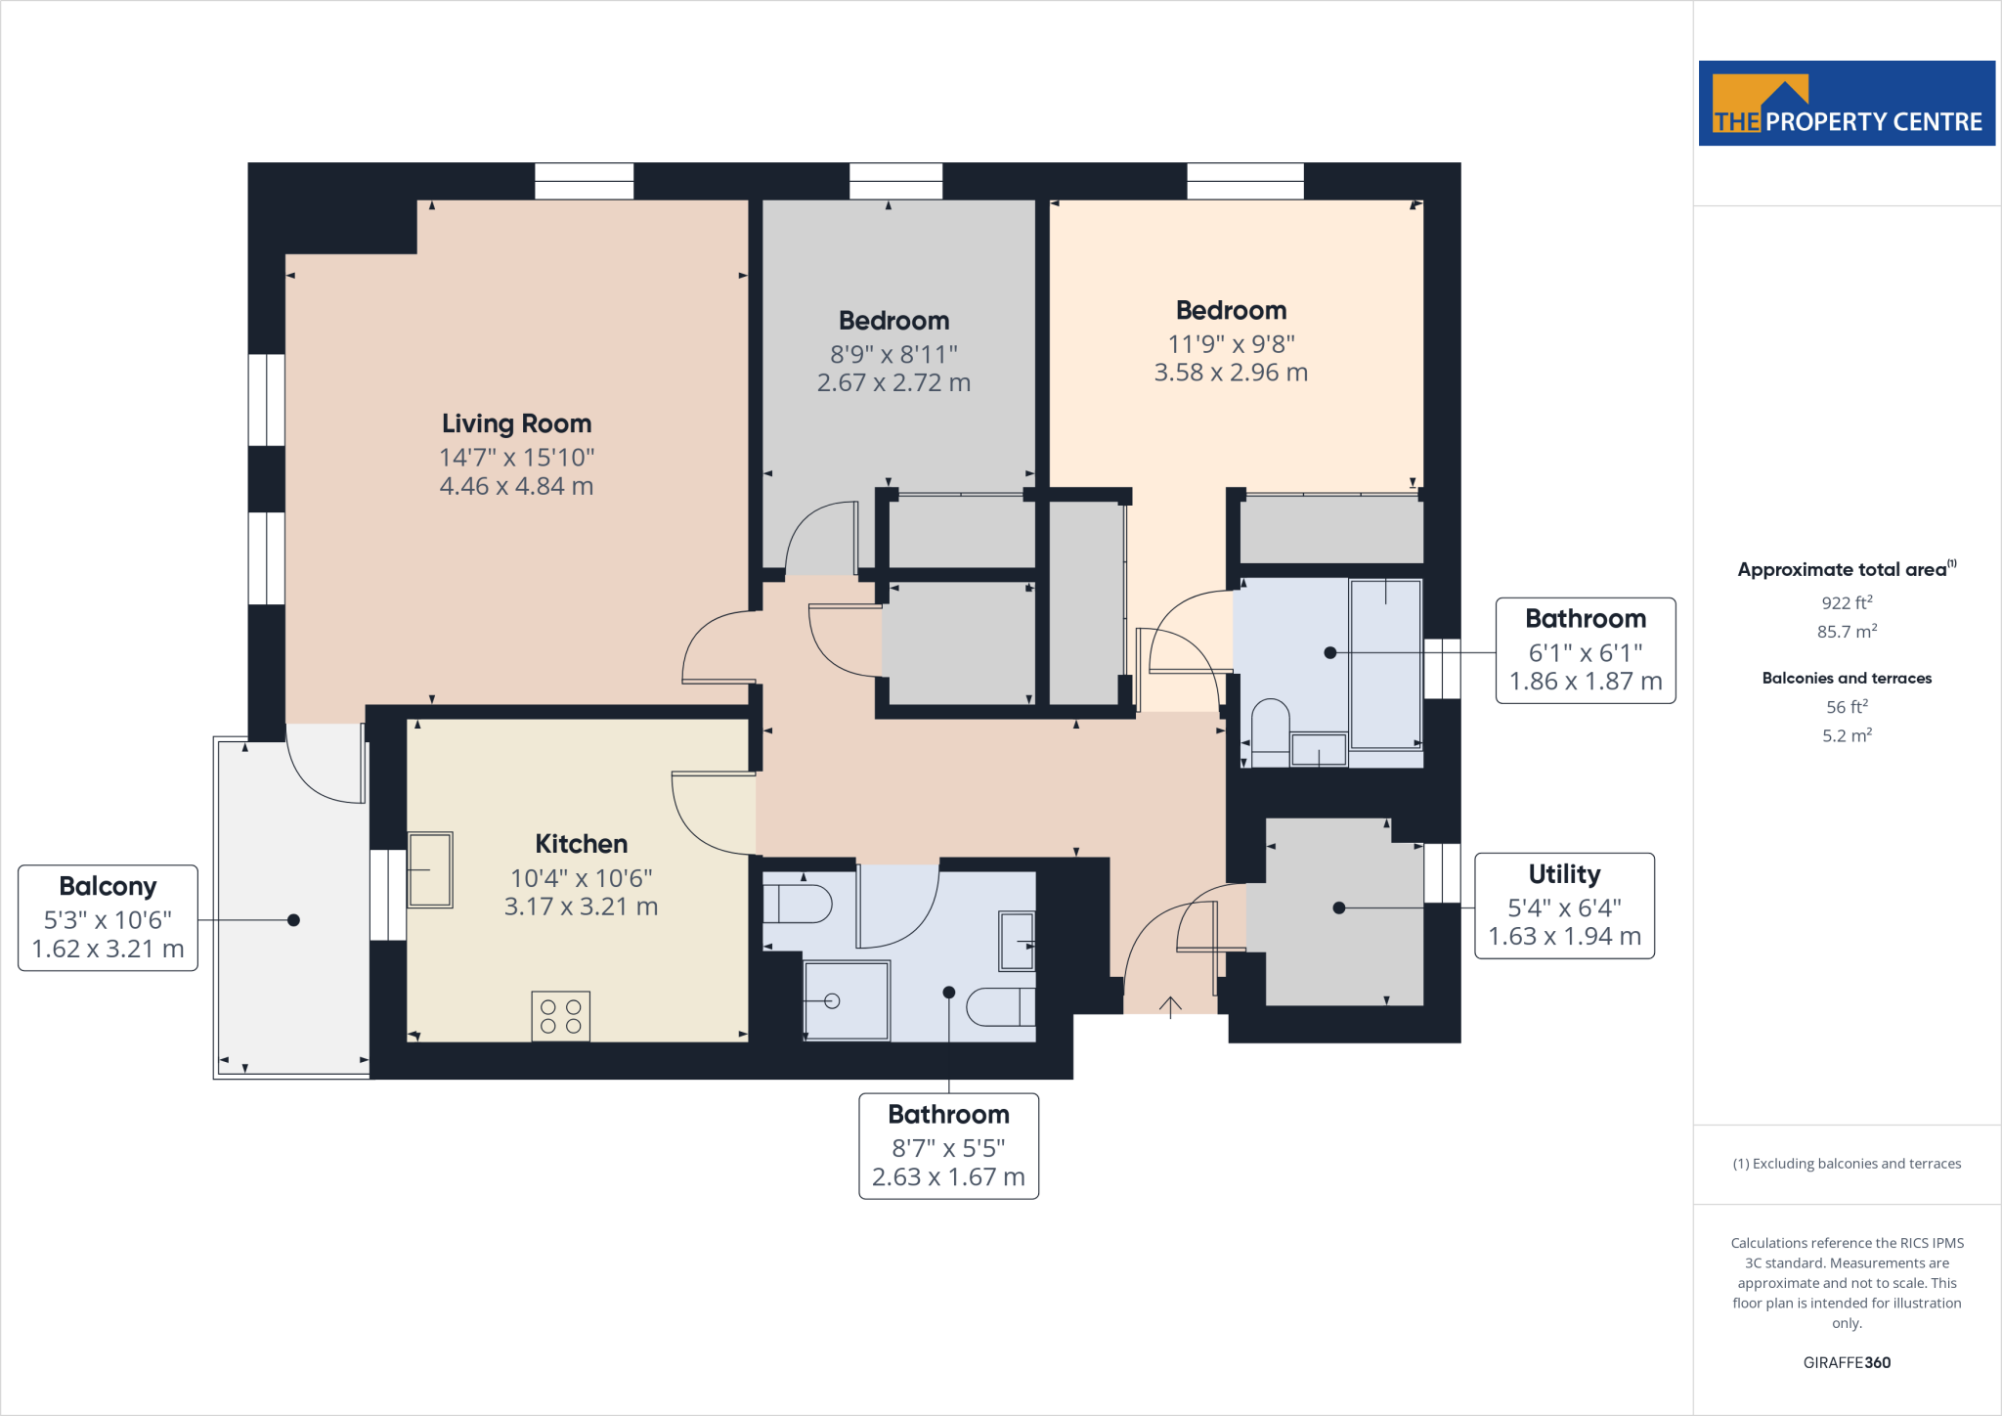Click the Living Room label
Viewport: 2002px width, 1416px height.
516,424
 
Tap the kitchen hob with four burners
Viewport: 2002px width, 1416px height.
560,1016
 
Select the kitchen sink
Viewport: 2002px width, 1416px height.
429,869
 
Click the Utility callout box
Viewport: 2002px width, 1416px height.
1563,906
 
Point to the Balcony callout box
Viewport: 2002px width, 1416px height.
108,917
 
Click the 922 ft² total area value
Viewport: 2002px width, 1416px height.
1846,603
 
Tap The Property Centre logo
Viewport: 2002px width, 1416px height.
1846,104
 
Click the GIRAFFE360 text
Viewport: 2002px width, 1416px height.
1846,1362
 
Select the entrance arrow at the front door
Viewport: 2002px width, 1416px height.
1170,1006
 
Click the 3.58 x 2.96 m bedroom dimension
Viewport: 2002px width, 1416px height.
1231,373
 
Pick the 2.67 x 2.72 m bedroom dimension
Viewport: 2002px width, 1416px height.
893,383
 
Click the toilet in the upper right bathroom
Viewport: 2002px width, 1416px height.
1270,731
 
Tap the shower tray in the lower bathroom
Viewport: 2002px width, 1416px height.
847,1000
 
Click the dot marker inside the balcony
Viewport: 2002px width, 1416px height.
293,920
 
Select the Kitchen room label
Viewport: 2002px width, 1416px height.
581,844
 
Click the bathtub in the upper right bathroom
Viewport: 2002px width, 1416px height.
1385,662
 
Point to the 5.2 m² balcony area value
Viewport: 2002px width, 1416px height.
1846,735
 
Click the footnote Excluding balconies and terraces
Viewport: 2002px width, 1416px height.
1846,1164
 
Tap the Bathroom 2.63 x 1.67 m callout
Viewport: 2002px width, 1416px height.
948,1145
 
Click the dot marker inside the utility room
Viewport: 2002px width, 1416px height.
1339,907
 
